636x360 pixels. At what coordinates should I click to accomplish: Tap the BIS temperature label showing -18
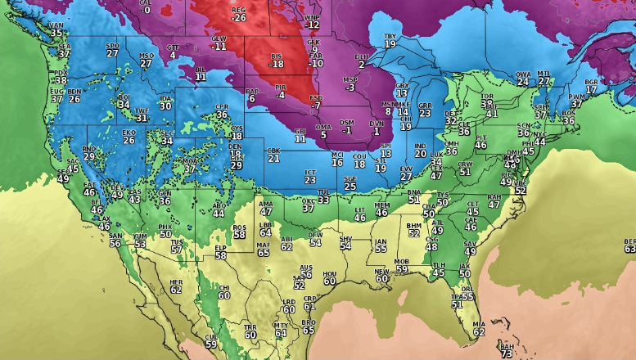(277, 60)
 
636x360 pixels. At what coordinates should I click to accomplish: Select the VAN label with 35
(56, 30)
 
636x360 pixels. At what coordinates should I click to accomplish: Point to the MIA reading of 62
(479, 327)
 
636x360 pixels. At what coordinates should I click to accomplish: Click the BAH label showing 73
(507, 350)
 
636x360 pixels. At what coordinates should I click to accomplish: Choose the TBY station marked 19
(390, 40)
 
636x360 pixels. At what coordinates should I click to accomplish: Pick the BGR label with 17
(591, 86)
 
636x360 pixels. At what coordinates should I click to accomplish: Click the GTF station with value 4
(173, 51)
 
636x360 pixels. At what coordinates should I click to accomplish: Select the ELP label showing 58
(221, 251)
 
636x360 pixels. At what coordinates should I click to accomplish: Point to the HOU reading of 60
(330, 277)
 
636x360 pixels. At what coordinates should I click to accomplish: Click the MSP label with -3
(350, 83)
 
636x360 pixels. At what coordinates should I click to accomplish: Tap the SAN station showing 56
(115, 239)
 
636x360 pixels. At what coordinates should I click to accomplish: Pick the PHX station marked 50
(165, 230)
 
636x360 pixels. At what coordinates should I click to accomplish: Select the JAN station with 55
(381, 245)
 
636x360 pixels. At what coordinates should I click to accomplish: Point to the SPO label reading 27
(113, 49)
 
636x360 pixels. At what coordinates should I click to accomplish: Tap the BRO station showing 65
(309, 326)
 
